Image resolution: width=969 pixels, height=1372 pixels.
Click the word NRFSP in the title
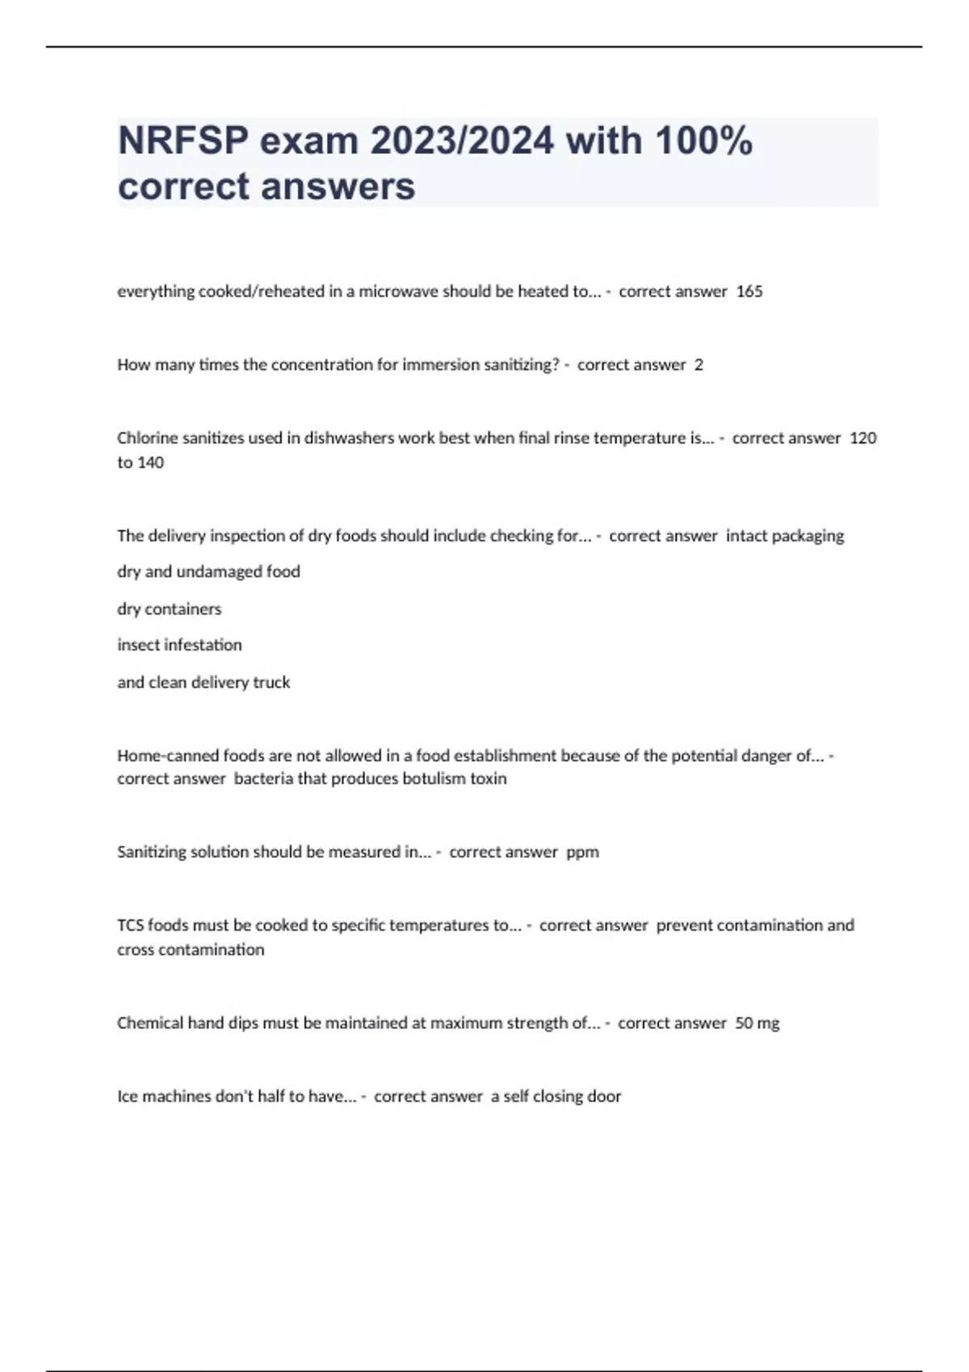pos(182,141)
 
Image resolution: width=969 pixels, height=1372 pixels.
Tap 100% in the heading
pos(703,141)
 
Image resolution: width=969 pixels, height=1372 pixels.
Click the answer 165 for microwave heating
pos(749,291)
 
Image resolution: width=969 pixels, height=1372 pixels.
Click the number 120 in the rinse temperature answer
pos(863,438)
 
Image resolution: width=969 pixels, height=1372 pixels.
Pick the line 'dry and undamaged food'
pos(208,571)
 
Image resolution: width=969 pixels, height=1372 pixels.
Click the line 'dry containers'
pos(169,609)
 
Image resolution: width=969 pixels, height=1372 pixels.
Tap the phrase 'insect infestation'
pos(179,645)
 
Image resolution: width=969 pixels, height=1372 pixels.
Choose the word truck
pos(271,682)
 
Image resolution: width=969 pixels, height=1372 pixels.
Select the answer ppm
pos(582,852)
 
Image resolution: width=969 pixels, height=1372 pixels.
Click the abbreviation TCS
pos(130,926)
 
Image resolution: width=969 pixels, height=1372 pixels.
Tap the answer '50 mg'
pos(757,1023)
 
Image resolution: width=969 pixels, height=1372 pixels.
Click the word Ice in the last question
pos(128,1096)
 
